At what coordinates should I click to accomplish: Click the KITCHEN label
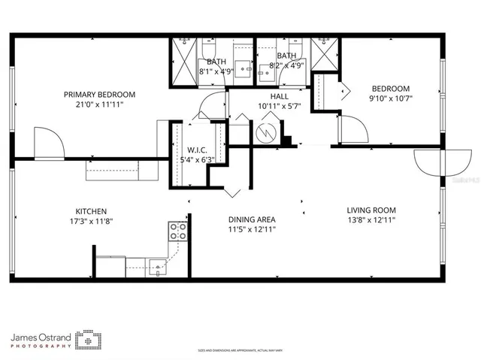click(x=90, y=211)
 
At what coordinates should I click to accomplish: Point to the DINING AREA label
click(x=252, y=220)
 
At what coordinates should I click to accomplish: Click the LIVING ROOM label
click(x=371, y=210)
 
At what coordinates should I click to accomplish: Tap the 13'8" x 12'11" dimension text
click(x=371, y=220)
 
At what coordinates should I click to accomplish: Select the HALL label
click(x=280, y=96)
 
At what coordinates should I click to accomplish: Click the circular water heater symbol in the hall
click(x=266, y=133)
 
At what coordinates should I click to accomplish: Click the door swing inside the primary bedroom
click(x=45, y=143)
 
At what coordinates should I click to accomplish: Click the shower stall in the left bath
click(x=183, y=53)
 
